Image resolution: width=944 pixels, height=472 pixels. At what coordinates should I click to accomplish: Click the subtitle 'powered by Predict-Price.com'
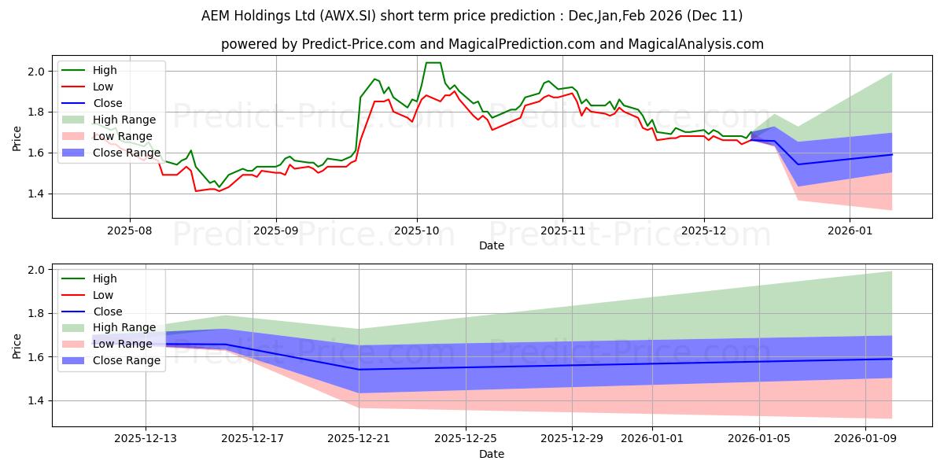point(492,44)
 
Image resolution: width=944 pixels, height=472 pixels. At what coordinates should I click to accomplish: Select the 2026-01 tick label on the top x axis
point(850,231)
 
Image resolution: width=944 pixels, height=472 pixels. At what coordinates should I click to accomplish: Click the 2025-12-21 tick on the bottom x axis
point(359,439)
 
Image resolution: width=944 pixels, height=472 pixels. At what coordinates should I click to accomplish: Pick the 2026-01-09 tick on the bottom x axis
point(865,439)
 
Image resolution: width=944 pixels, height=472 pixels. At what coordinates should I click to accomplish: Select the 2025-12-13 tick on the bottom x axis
point(146,439)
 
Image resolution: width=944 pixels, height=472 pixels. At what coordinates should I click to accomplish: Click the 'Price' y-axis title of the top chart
point(17,138)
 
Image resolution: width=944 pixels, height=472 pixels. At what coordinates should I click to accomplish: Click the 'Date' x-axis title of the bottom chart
point(492,454)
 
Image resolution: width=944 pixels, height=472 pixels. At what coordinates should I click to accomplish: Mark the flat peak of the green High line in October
point(433,63)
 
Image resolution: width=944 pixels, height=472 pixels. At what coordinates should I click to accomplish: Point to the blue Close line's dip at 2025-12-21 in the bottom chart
point(359,370)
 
